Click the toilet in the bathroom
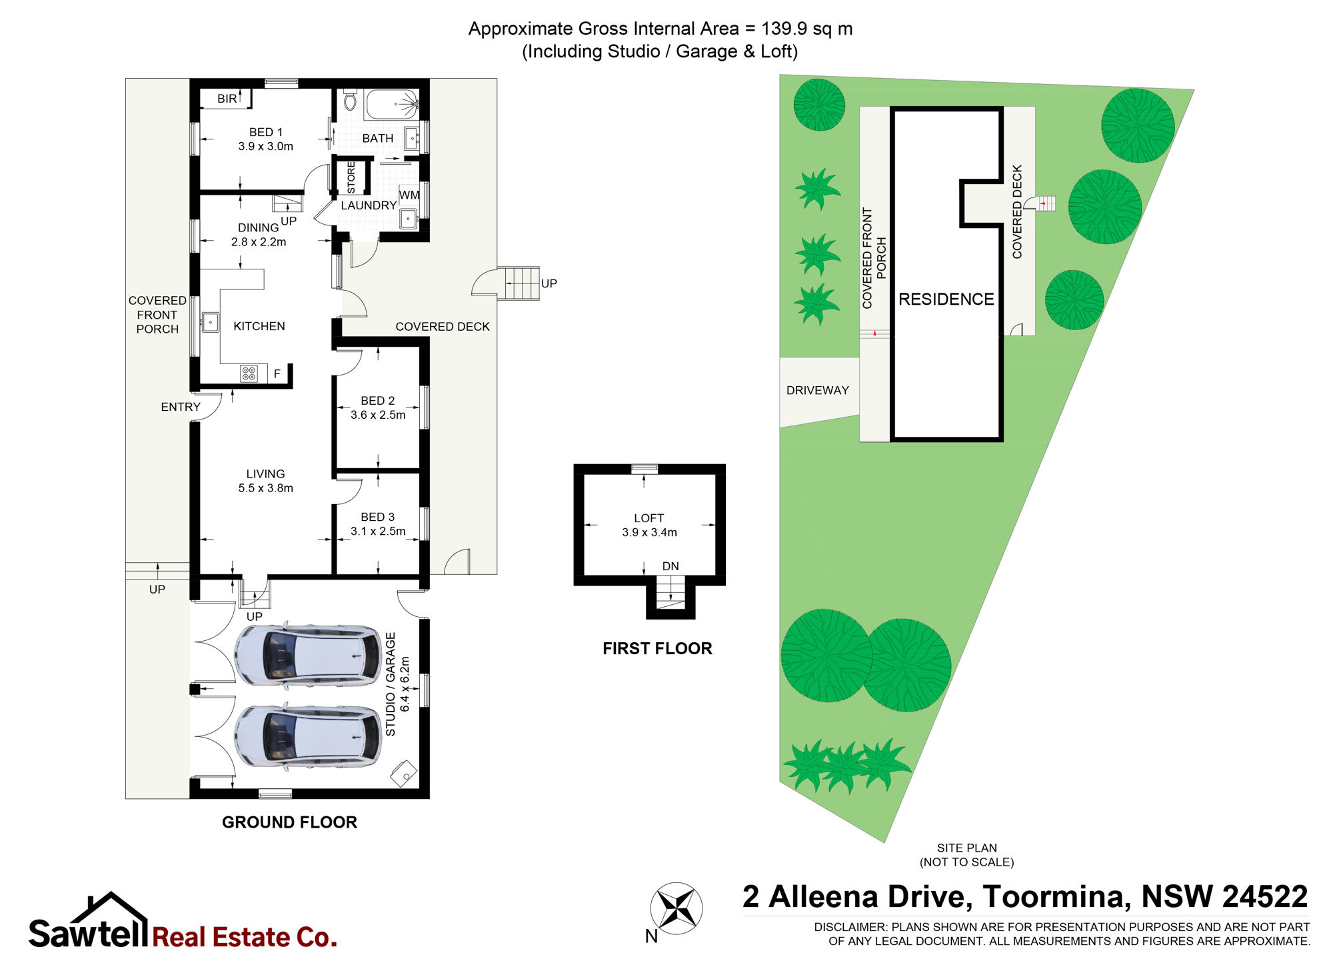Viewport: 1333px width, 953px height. click(350, 101)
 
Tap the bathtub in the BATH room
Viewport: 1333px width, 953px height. click(392, 105)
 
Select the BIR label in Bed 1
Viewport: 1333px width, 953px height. click(227, 99)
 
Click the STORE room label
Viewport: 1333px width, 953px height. click(351, 177)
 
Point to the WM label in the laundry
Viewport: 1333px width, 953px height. click(409, 195)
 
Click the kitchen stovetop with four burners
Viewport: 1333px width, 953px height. click(249, 373)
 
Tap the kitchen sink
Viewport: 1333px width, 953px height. click(211, 323)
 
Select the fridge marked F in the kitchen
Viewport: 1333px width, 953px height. click(277, 373)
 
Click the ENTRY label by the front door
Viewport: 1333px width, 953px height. click(181, 407)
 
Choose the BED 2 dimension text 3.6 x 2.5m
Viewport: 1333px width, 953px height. click(378, 415)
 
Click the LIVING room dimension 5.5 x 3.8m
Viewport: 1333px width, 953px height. click(266, 488)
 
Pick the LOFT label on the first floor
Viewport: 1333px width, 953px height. click(649, 518)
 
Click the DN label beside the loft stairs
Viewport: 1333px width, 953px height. click(670, 566)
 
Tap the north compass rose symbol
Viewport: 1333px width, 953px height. click(676, 908)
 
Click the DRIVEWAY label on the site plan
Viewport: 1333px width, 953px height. click(818, 391)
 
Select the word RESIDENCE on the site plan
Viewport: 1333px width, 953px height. click(946, 299)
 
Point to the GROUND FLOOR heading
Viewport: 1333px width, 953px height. click(290, 822)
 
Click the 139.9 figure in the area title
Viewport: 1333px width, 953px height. click(784, 29)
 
